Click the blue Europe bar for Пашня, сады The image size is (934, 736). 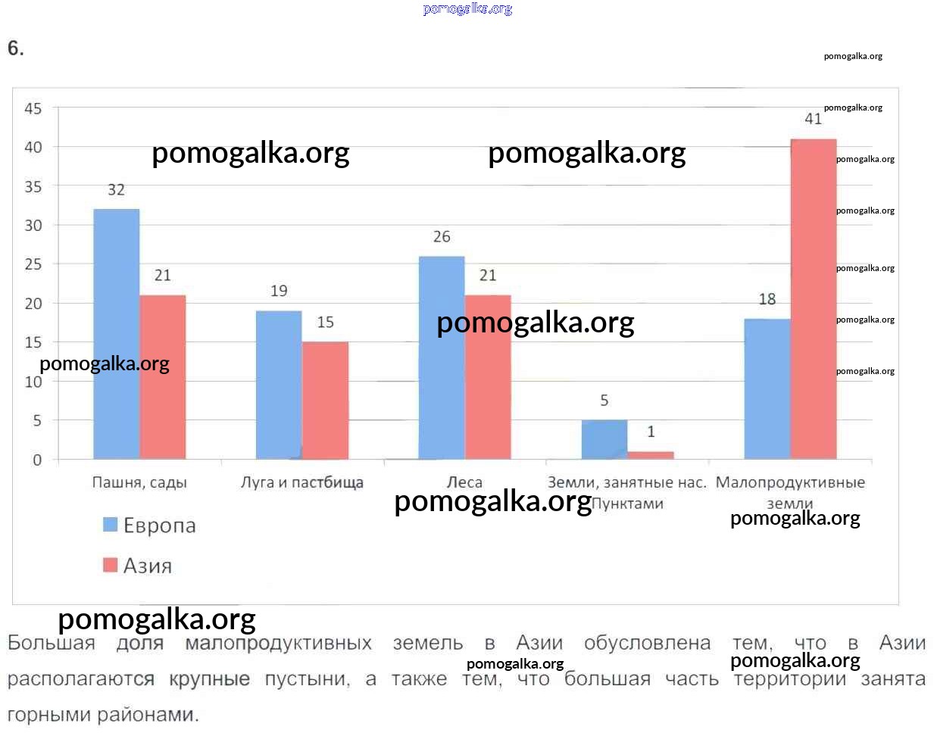[117, 333]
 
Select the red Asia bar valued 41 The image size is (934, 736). [814, 298]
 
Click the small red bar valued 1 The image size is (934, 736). [651, 455]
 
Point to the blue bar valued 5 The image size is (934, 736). [604, 439]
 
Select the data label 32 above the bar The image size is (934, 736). [116, 190]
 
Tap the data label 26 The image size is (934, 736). [442, 237]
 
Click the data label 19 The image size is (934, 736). [279, 291]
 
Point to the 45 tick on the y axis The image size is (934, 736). [33, 108]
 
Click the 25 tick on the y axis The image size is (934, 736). [33, 264]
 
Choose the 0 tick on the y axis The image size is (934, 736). [37, 460]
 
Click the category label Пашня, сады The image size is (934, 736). [139, 482]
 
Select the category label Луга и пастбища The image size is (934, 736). [302, 482]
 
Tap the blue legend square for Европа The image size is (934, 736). [111, 524]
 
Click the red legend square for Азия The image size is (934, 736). [111, 565]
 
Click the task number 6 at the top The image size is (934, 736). [15, 48]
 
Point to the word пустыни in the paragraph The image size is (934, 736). [307, 679]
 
